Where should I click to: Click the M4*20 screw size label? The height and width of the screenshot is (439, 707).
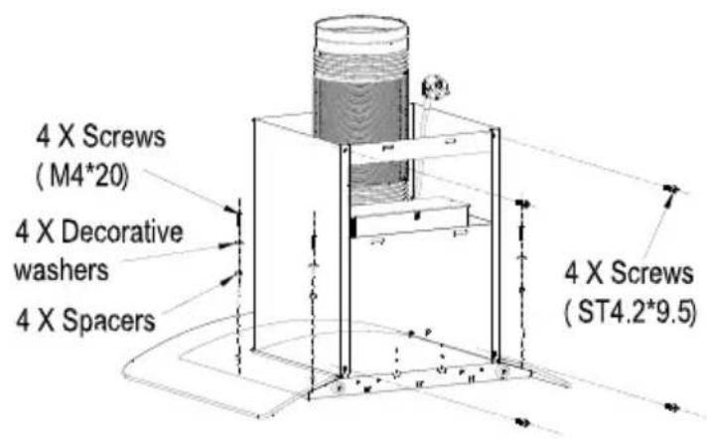pyautogui.click(x=83, y=177)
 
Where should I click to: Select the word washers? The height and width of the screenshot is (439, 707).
pyautogui.click(x=62, y=270)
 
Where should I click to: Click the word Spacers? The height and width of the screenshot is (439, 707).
pyautogui.click(x=108, y=321)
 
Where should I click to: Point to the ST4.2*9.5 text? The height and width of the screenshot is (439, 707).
pyautogui.click(x=631, y=313)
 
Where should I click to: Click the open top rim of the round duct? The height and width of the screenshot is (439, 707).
pyautogui.click(x=361, y=26)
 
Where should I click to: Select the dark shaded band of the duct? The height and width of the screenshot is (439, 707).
pyautogui.click(x=360, y=108)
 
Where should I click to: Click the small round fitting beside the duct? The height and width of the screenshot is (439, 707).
pyautogui.click(x=435, y=87)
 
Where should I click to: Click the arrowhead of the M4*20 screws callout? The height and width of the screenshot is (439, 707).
pyautogui.click(x=231, y=210)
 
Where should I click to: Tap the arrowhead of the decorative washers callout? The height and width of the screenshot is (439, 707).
pyautogui.click(x=226, y=245)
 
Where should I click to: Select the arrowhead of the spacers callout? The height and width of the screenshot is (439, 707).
pyautogui.click(x=228, y=279)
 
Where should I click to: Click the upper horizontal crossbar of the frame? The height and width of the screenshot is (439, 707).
pyautogui.click(x=418, y=148)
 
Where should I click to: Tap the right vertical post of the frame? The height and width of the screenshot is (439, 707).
pyautogui.click(x=495, y=243)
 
